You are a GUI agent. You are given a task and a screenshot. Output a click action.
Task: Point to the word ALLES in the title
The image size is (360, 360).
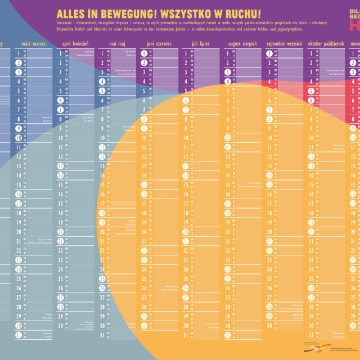pos(71,13)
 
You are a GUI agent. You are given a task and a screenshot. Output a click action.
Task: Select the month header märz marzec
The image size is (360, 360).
pos(33,43)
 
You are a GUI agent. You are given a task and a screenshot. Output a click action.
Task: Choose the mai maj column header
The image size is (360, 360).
pos(118,43)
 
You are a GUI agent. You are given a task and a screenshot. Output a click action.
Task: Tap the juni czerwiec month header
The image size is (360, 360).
pos(159,43)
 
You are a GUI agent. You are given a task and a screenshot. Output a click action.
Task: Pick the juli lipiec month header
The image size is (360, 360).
pos(201,43)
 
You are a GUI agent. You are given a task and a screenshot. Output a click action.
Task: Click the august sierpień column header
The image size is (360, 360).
pos(242,43)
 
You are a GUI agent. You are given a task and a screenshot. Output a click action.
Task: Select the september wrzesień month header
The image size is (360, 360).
pos(284,43)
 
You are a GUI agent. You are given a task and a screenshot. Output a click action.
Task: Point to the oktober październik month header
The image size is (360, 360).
pos(326,43)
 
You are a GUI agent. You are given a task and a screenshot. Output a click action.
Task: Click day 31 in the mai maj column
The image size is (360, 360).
pos(102,335)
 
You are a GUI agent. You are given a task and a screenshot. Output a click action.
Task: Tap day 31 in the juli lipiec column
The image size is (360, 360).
pos(186,335)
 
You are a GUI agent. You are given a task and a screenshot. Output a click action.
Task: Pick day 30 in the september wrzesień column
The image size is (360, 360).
pos(269,325)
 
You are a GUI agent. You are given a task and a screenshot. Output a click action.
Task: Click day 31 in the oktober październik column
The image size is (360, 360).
pos(310,335)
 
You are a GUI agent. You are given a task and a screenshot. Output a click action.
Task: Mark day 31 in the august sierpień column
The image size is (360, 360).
pos(227,335)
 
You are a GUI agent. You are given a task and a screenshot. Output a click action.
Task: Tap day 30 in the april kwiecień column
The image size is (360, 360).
pos(60,325)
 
